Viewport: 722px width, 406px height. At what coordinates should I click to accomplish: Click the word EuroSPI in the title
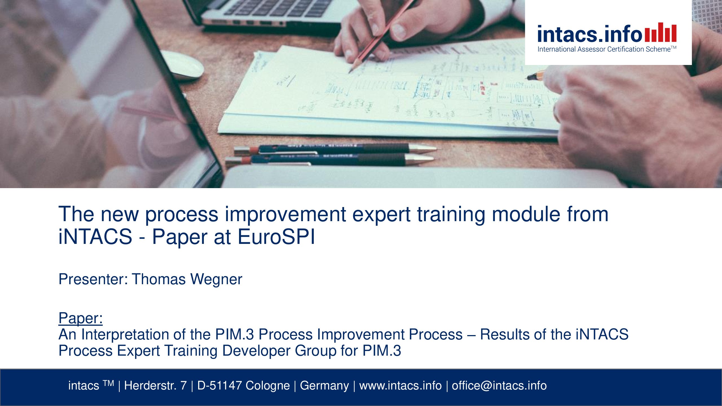click(x=276, y=237)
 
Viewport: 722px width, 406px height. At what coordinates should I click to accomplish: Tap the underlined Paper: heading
click(x=80, y=319)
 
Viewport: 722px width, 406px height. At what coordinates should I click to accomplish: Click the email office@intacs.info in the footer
click(x=499, y=386)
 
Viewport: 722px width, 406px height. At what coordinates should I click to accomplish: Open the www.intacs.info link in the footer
click(x=400, y=386)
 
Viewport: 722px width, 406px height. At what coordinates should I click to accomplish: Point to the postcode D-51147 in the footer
click(x=220, y=385)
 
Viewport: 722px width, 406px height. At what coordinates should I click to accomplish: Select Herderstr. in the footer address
click(x=150, y=385)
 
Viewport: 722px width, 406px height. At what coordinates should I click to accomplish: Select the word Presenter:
click(x=93, y=279)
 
